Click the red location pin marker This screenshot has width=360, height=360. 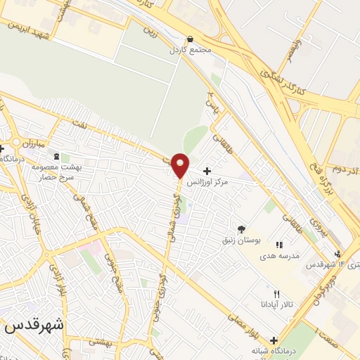(180, 165)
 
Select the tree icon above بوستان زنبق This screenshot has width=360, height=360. (241, 229)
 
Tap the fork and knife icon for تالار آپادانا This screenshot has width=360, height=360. (276, 294)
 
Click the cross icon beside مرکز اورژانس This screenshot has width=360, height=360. (207, 171)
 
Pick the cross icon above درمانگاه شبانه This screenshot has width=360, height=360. (274, 340)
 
